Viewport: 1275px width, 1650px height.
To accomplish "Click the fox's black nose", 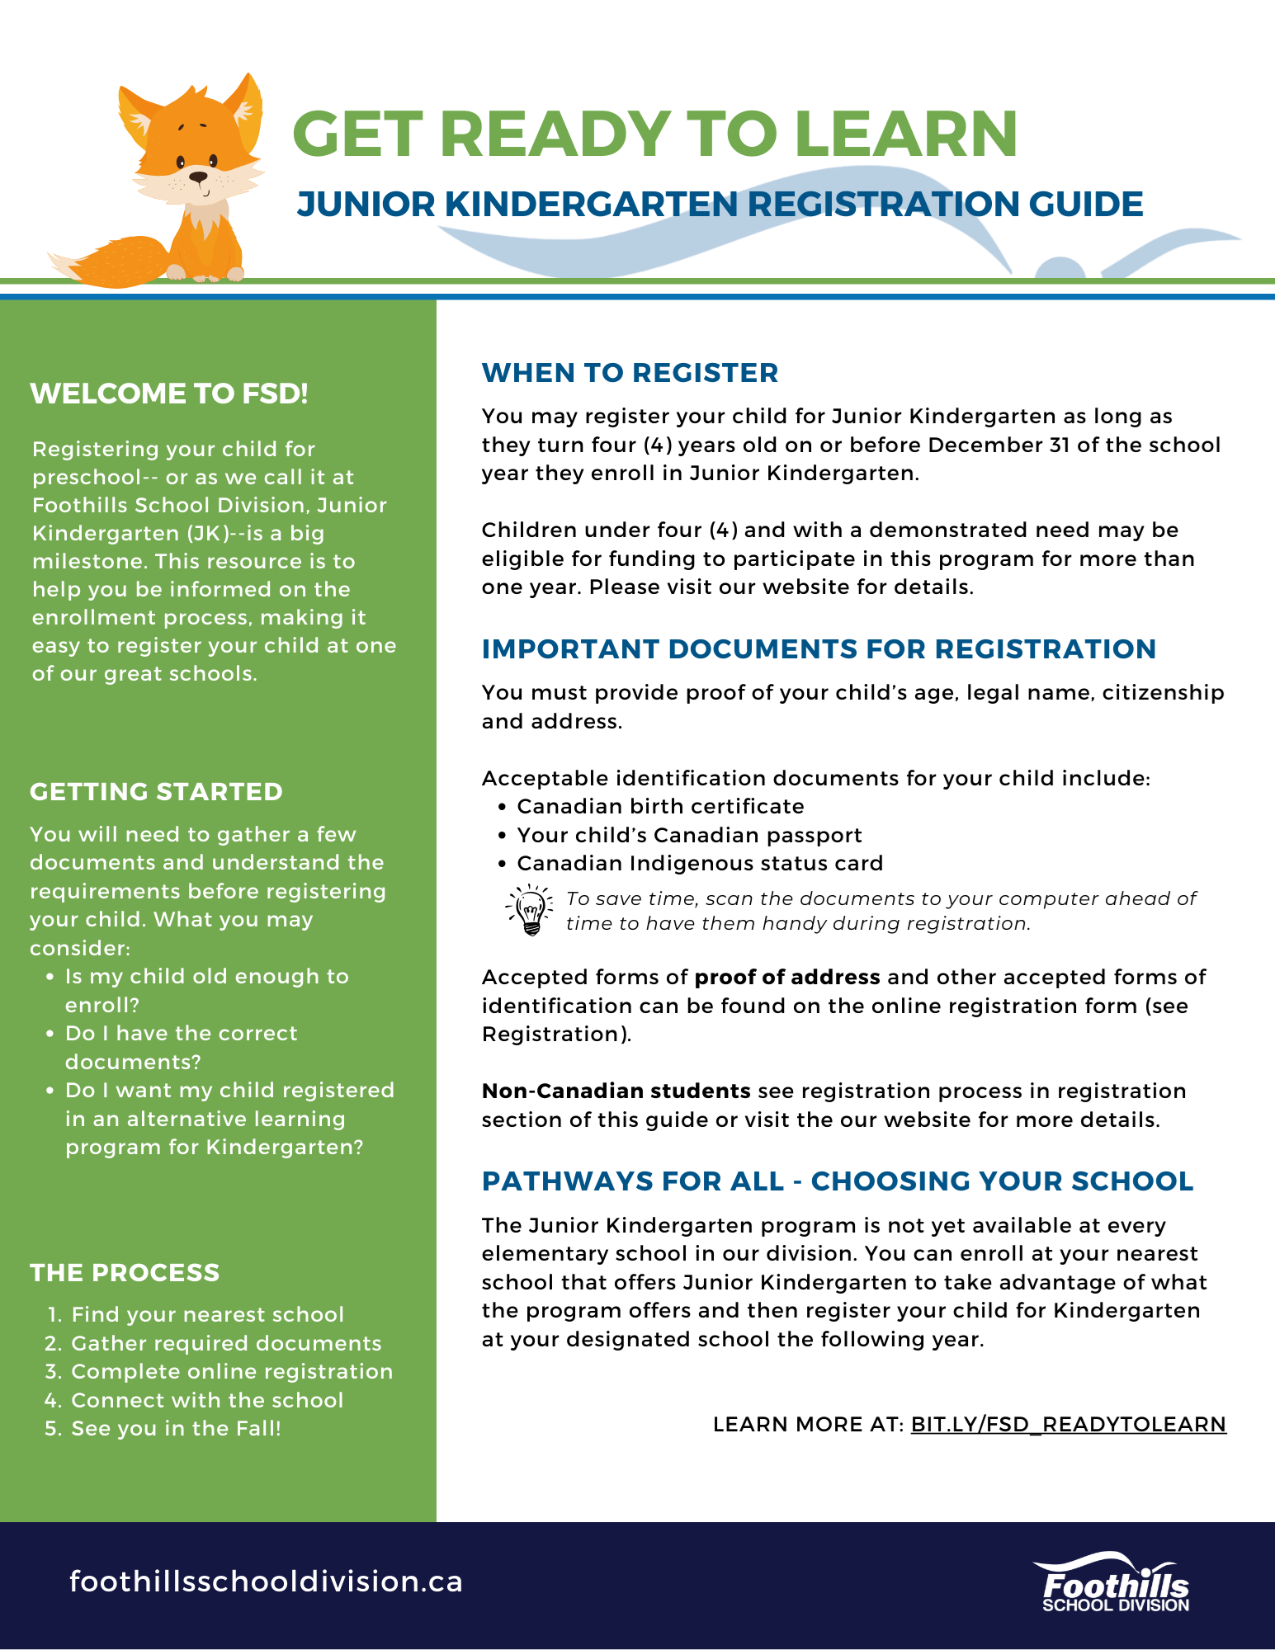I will (199, 176).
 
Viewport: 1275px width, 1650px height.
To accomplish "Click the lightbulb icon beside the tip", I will (529, 910).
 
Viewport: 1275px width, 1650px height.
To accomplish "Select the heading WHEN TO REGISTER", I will (630, 373).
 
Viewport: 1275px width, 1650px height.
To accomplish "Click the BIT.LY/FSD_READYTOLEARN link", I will (1068, 1425).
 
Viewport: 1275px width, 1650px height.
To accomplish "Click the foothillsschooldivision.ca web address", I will (266, 1582).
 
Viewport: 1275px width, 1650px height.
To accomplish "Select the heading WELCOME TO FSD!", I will (169, 394).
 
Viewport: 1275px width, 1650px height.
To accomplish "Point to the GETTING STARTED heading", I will (156, 792).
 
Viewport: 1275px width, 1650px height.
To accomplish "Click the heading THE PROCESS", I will (125, 1273).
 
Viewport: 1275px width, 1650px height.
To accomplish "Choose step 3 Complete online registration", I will (231, 1371).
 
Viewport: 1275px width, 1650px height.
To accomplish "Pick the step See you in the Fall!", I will (176, 1428).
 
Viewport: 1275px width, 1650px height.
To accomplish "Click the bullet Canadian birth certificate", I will (660, 806).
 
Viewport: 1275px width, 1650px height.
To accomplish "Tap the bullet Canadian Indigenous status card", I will (700, 863).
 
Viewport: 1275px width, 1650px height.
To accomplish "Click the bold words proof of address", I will (787, 977).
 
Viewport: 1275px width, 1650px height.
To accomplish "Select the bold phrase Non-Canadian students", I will (616, 1091).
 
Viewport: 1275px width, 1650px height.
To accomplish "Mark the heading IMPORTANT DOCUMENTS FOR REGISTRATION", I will (819, 649).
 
